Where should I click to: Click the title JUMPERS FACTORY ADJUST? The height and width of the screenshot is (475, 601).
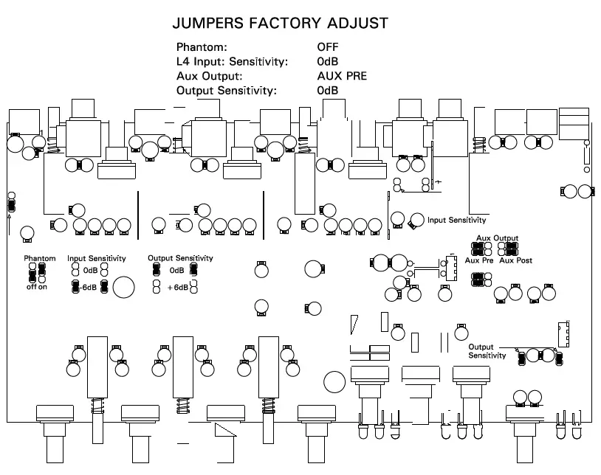click(280, 23)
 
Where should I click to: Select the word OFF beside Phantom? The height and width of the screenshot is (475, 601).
click(327, 46)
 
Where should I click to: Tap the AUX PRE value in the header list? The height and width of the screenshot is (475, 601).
click(342, 76)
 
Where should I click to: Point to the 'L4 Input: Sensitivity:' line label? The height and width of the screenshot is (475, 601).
click(232, 61)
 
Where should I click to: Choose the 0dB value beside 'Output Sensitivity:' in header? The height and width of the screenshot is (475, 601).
click(327, 91)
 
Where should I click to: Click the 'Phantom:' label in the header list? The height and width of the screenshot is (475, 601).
click(202, 46)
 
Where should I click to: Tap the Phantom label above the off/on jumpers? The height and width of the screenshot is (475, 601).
click(40, 259)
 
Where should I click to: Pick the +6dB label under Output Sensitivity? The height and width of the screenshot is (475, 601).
click(178, 288)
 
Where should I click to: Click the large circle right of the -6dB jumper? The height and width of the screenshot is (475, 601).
click(123, 287)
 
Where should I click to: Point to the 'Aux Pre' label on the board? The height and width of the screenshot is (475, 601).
click(479, 260)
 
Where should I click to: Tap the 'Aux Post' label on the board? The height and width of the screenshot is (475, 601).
click(515, 260)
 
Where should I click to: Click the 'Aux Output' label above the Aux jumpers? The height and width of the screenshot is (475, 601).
click(497, 238)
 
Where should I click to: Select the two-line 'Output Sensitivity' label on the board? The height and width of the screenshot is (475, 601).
click(487, 351)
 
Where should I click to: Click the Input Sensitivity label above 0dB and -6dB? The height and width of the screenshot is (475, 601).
click(96, 259)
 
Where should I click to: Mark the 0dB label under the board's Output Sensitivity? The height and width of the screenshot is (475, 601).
click(176, 271)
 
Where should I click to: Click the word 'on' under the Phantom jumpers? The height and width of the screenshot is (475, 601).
click(43, 288)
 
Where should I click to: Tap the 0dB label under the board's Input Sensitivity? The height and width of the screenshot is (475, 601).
click(90, 271)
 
